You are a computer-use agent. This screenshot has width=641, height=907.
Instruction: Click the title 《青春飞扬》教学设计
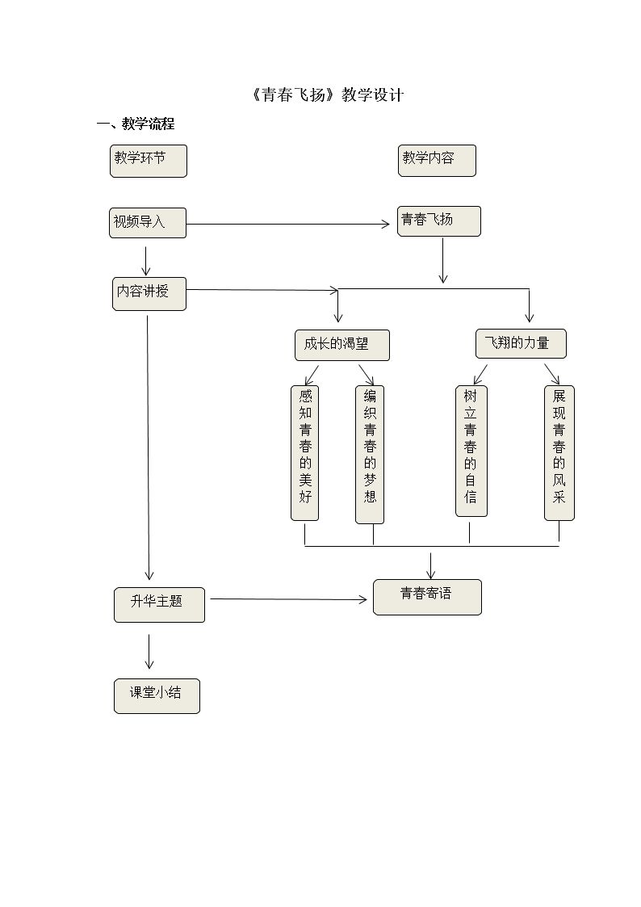point(327,95)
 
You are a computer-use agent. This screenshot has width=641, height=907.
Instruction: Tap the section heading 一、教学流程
point(135,124)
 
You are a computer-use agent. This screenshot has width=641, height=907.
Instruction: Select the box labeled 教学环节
point(149,161)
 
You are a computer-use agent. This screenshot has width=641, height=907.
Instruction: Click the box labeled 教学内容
point(437,160)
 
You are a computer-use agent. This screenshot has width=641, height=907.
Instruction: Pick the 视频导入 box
point(148,223)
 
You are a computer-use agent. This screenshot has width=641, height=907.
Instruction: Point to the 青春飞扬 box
point(438,220)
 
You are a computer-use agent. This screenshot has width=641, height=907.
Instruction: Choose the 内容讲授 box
point(149,293)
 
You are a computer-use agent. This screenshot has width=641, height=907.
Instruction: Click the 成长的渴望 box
point(341,345)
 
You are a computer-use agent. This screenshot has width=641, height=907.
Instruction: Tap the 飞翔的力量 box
point(521,343)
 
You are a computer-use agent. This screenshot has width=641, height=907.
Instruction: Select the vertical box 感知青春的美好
point(305,452)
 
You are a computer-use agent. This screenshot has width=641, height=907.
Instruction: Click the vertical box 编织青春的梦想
point(370,454)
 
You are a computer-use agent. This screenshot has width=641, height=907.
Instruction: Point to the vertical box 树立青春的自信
point(471,451)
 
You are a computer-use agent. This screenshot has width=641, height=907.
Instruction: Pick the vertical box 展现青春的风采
point(559,452)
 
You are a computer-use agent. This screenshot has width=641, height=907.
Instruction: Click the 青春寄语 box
point(427,597)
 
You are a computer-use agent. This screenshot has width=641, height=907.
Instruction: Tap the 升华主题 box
point(159,605)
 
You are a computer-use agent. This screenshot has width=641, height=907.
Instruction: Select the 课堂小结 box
point(157,695)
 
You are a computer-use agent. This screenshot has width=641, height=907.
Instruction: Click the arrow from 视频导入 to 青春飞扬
point(287,224)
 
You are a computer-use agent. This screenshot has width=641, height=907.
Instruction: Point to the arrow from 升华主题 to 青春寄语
point(288,599)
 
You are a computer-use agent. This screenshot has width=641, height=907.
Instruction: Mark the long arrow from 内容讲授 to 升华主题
point(149,444)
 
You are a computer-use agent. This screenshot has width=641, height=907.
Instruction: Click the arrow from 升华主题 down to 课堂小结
point(149,651)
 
